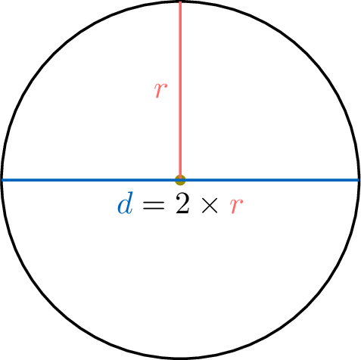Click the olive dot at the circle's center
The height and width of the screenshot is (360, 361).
point(180,180)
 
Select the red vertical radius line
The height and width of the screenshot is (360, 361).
point(180,90)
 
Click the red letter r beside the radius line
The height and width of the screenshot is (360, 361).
point(160,90)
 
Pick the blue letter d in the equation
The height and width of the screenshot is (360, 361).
point(125,203)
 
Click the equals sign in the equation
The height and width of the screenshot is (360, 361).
point(154,206)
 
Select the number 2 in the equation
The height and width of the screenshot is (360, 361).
point(182,203)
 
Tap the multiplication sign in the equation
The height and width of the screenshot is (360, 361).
point(210,206)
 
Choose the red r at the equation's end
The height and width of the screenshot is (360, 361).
point(236,206)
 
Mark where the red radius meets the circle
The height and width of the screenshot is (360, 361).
point(180,2)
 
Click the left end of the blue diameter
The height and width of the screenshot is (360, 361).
point(2,180)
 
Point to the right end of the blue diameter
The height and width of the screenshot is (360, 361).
point(359,180)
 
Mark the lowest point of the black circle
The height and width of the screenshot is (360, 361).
point(180,358)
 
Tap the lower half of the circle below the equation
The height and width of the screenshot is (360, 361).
point(180,278)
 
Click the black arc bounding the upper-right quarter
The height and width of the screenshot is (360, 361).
point(307,54)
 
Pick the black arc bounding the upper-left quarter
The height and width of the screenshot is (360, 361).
point(54,54)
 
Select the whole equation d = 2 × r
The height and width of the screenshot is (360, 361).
point(180,203)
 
